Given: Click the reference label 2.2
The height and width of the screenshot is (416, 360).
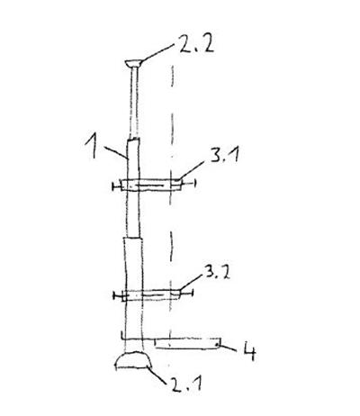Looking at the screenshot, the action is tap(196, 44).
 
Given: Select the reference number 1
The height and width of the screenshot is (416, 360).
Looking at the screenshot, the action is tap(92, 146).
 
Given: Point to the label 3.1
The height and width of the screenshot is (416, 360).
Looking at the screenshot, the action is tap(224, 155).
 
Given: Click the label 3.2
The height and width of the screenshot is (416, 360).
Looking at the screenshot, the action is tap(218, 273).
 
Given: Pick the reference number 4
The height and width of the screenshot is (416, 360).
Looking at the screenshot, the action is tap(249, 351).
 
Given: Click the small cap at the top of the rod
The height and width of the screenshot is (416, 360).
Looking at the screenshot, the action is tap(133, 63).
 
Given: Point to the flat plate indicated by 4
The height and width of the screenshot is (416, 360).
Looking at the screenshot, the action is tap(187, 343).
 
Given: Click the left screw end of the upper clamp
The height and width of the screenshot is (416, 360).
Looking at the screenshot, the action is tap(116, 186).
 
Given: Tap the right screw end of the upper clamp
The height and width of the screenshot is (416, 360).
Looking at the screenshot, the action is tap(189, 183).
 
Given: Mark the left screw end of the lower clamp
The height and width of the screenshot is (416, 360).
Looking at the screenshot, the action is tap(118, 296).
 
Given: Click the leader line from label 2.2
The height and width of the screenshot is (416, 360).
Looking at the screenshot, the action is tap(157, 53).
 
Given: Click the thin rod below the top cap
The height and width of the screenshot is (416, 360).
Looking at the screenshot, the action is tap(134, 103).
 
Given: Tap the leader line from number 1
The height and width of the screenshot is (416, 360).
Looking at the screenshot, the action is tap(116, 152).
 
